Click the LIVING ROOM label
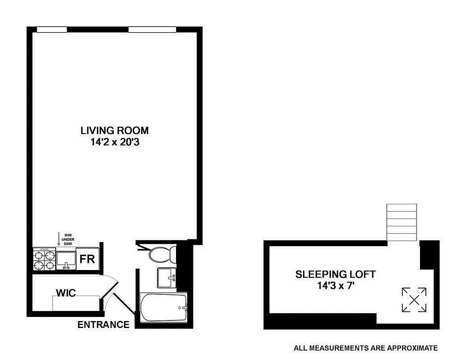(x=114, y=131)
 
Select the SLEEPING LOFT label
(x=335, y=274)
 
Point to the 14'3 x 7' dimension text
(x=335, y=285)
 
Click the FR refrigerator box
(x=86, y=259)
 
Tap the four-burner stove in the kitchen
(x=44, y=260)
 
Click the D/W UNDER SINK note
(x=68, y=239)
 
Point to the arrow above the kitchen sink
(x=59, y=239)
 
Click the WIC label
(x=66, y=293)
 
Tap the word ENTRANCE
(x=103, y=324)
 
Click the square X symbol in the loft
(x=414, y=300)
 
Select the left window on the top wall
(x=52, y=30)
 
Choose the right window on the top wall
(x=152, y=30)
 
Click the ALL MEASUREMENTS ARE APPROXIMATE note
(x=366, y=348)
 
